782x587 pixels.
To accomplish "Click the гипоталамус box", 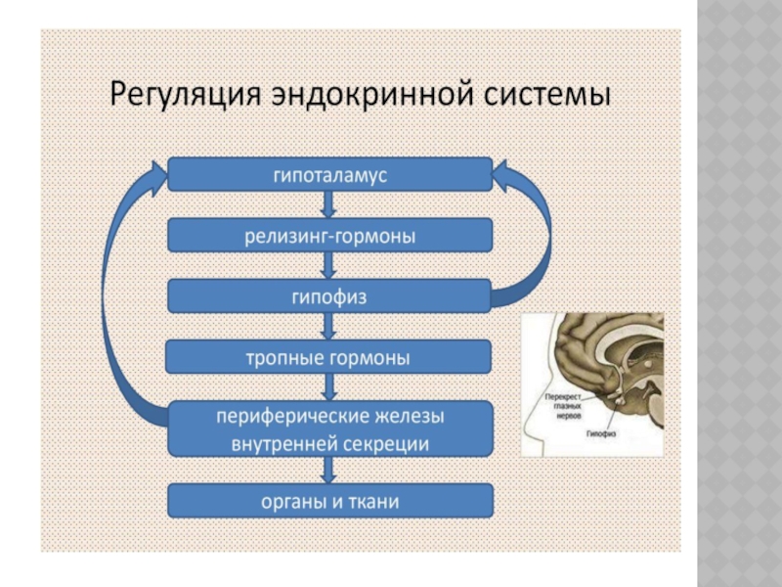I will coord(330,175).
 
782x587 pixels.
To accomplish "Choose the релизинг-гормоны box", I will coord(330,236).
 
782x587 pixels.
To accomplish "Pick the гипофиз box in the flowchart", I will coord(330,296).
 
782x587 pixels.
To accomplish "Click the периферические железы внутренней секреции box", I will coord(330,429).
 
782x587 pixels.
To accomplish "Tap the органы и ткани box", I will coord(330,502).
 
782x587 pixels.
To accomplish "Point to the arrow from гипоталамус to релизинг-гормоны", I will coord(330,205).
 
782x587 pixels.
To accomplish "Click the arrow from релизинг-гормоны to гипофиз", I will coord(330,266).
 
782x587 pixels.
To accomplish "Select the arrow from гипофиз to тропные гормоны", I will coord(330,327).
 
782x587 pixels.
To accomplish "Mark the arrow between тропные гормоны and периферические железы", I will coord(330,387).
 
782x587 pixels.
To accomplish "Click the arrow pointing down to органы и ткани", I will coord(330,471).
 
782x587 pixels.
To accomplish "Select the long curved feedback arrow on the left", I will coord(122,293).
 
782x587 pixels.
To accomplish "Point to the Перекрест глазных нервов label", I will coord(564,404).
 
